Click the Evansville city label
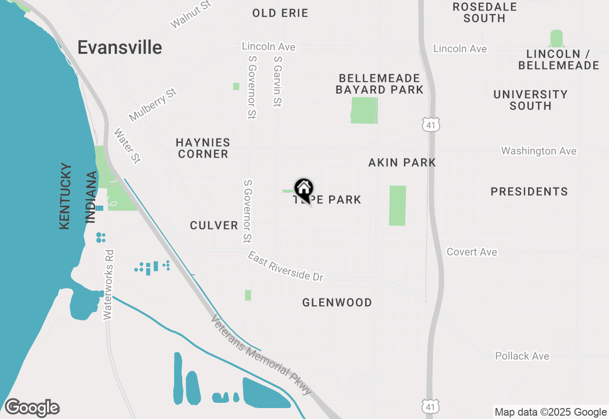click(x=119, y=48)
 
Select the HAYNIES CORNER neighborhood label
click(x=203, y=148)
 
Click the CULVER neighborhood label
click(x=214, y=225)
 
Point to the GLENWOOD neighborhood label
click(x=337, y=302)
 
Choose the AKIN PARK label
click(x=402, y=163)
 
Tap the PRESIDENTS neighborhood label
click(x=529, y=192)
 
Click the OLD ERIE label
click(x=280, y=13)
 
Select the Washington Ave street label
click(x=539, y=151)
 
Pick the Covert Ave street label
click(x=471, y=252)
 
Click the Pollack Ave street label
click(x=522, y=356)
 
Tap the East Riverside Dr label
click(x=285, y=266)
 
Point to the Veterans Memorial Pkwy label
click(x=262, y=355)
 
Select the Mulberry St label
click(x=152, y=105)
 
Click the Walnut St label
click(x=190, y=14)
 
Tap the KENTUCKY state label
click(x=66, y=196)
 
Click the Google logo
click(x=32, y=408)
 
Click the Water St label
click(x=127, y=146)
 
